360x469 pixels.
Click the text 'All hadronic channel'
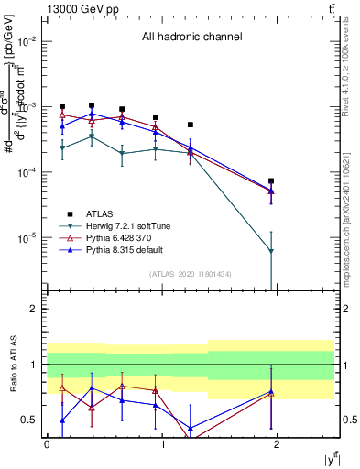coord(191,38)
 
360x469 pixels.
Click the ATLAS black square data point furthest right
coord(271,181)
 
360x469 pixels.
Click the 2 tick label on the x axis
coord(278,443)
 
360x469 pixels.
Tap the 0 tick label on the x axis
coord(47,443)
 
